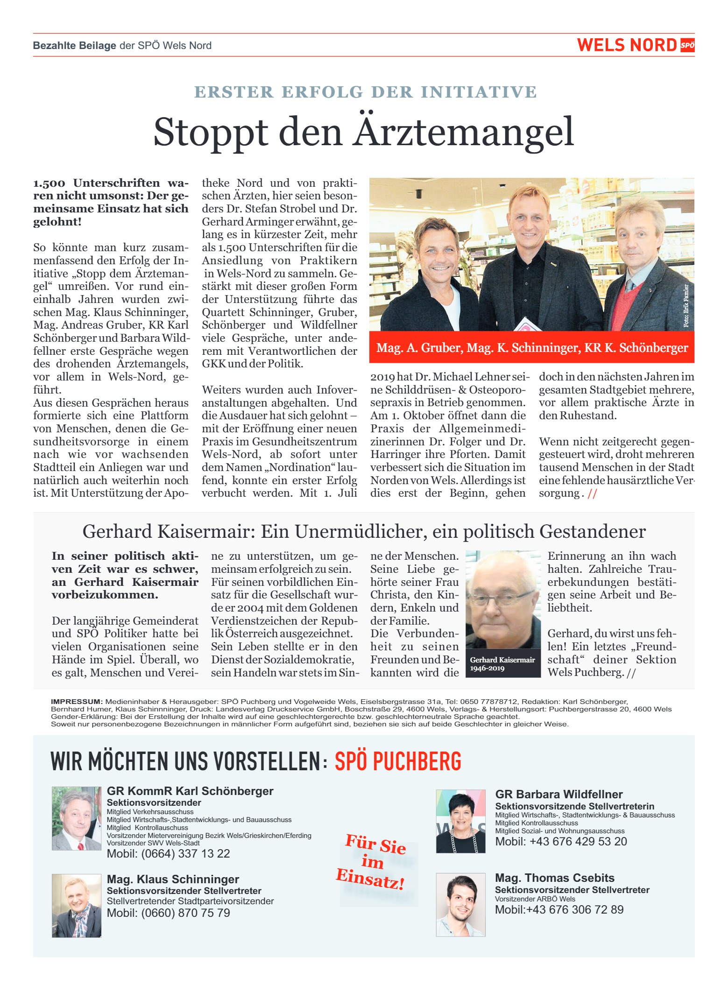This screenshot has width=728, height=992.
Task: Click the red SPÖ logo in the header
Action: pyautogui.click(x=687, y=45)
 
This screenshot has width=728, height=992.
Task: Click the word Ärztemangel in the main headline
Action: pyautogui.click(x=463, y=133)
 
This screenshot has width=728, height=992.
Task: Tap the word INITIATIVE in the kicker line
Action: pyautogui.click(x=479, y=92)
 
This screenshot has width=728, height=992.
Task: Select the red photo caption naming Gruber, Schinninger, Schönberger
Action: pyautogui.click(x=532, y=348)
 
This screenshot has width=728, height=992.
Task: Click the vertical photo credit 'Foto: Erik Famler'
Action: pyautogui.click(x=686, y=306)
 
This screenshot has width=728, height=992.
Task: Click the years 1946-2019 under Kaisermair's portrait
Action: pyautogui.click(x=487, y=668)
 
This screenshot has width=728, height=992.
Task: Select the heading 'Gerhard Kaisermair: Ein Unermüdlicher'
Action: pyautogui.click(x=364, y=532)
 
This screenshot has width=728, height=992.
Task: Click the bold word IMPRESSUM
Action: pyautogui.click(x=76, y=702)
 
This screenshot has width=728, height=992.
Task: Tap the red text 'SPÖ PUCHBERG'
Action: pyautogui.click(x=398, y=761)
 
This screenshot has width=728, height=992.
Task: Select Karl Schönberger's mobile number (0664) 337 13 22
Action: pyautogui.click(x=169, y=853)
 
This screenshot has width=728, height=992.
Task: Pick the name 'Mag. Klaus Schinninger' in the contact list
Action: pyautogui.click(x=173, y=879)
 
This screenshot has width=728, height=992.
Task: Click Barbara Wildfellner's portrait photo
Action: pyautogui.click(x=460, y=821)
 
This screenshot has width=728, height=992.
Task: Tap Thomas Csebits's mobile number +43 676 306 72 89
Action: pyautogui.click(x=559, y=909)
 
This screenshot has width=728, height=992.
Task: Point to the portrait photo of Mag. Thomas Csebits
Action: pyautogui.click(x=460, y=905)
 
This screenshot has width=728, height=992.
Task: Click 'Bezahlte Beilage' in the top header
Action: pyautogui.click(x=74, y=46)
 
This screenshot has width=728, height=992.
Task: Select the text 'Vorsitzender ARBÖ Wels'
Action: pyautogui.click(x=535, y=899)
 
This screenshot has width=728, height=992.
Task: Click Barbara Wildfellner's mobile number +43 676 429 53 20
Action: pyautogui.click(x=561, y=841)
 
